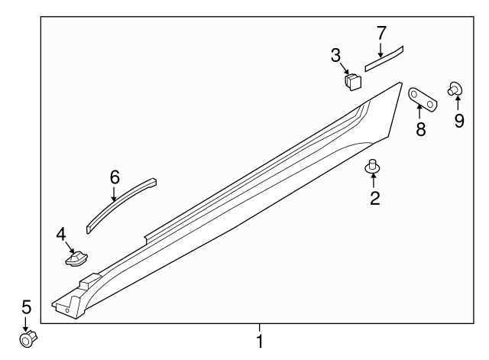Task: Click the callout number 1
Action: click(x=260, y=342)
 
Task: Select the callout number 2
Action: click(x=375, y=198)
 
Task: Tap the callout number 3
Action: click(x=335, y=56)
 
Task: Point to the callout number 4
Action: click(x=61, y=235)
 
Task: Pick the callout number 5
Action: click(x=27, y=307)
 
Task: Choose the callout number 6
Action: click(x=115, y=177)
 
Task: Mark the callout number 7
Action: click(x=381, y=33)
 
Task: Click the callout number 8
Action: click(x=421, y=129)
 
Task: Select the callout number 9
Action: click(x=459, y=121)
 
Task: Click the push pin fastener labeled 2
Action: click(x=372, y=167)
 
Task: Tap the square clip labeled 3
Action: click(x=353, y=82)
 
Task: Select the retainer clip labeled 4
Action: click(x=76, y=258)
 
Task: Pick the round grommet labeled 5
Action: click(x=28, y=339)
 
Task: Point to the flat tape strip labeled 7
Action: click(x=384, y=59)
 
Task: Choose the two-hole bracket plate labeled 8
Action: click(x=423, y=99)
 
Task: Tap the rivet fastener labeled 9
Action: click(x=455, y=89)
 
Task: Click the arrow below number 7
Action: click(x=381, y=50)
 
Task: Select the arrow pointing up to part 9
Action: click(x=458, y=103)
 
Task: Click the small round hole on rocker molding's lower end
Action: click(x=67, y=310)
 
